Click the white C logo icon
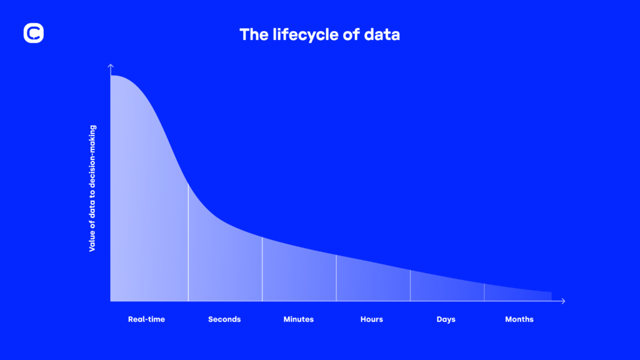click(x=34, y=34)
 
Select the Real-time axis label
click(x=146, y=319)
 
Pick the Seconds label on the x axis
click(x=224, y=319)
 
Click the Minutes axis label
click(x=299, y=319)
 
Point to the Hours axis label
click(x=372, y=319)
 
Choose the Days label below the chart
click(x=446, y=319)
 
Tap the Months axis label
click(x=519, y=319)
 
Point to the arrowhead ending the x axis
click(x=563, y=301)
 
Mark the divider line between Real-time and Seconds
click(x=188, y=244)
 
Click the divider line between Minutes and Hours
click(x=336, y=279)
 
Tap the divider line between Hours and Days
click(x=410, y=286)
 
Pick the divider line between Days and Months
click(x=484, y=292)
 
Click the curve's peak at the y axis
click(x=112, y=76)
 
